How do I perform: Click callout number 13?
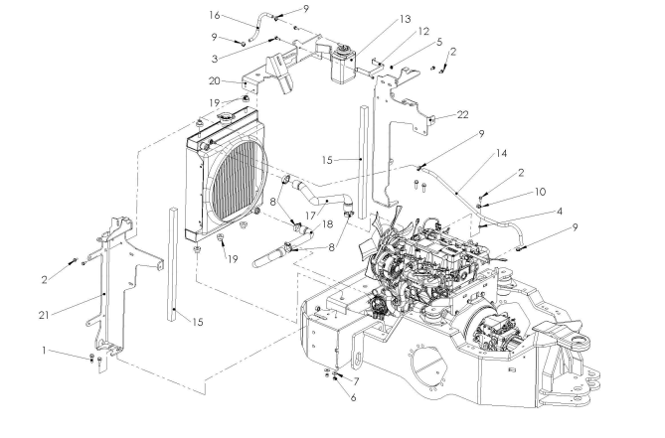(405, 19)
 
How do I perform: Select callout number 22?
(462, 115)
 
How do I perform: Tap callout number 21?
(44, 315)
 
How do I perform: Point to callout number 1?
(44, 351)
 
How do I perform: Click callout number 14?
(501, 153)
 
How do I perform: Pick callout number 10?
(540, 192)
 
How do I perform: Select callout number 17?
(311, 216)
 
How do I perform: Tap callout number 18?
(328, 223)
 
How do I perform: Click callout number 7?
(356, 381)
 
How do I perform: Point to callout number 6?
(353, 397)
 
